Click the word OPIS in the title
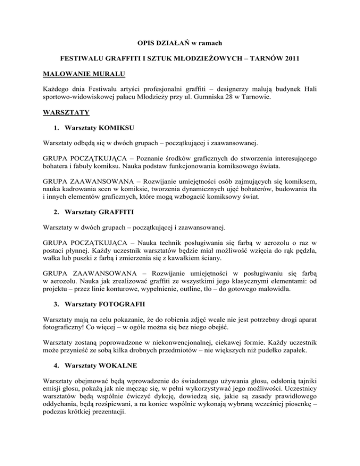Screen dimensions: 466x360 click(x=149, y=44)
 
